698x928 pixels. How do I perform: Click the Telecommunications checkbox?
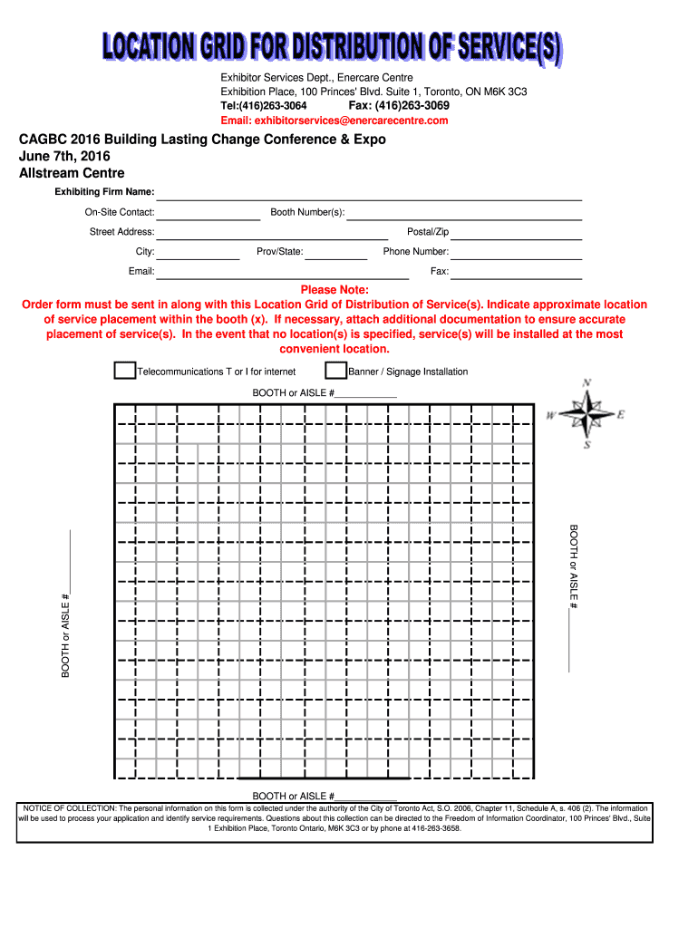coord(124,370)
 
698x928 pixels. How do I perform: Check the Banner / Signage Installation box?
coord(335,370)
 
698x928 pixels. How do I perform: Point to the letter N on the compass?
coord(587,383)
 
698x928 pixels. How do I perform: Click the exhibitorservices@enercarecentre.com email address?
coord(334,121)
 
